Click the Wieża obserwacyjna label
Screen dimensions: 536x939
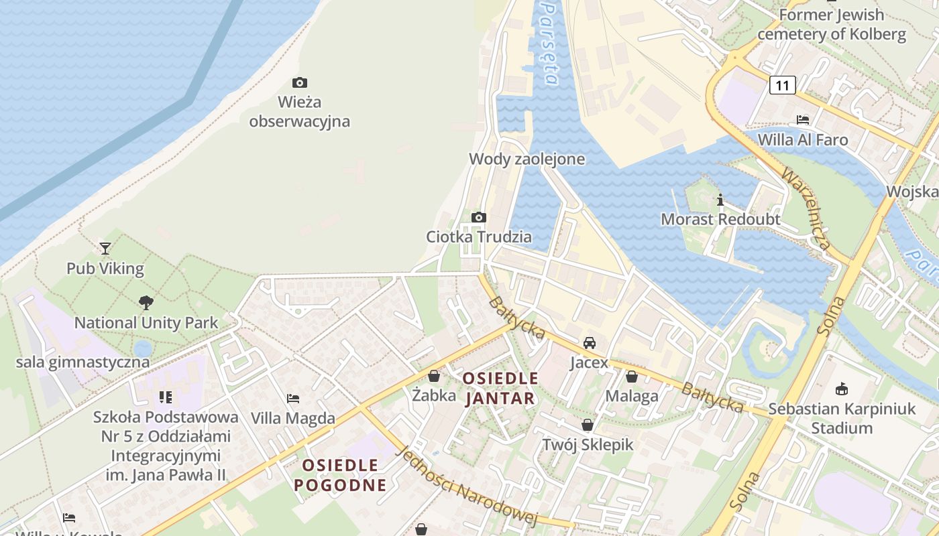tap(299, 112)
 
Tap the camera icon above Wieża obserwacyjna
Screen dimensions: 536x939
tap(300, 82)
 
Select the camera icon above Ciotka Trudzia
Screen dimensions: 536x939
tap(479, 217)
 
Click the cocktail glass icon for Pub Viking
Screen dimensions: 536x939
tap(105, 248)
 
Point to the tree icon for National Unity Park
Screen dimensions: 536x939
tap(146, 303)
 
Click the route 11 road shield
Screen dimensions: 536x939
tap(782, 85)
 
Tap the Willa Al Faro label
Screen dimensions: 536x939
tap(802, 140)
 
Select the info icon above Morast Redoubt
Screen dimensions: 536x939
tap(720, 200)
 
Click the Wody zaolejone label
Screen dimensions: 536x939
tap(527, 159)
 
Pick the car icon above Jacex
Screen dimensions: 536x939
tap(589, 343)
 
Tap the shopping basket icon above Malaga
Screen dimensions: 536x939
tap(631, 377)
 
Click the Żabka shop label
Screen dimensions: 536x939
tap(434, 395)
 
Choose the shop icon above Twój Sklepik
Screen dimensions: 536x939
tap(588, 425)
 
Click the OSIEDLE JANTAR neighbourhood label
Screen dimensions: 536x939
tap(500, 389)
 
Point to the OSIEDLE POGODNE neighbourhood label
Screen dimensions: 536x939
tap(341, 475)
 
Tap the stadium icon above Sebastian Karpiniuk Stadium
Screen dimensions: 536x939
tap(842, 389)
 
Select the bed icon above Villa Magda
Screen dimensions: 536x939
tap(293, 398)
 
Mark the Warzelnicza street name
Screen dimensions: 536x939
tap(807, 208)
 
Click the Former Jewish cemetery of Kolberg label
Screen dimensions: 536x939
tap(832, 24)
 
